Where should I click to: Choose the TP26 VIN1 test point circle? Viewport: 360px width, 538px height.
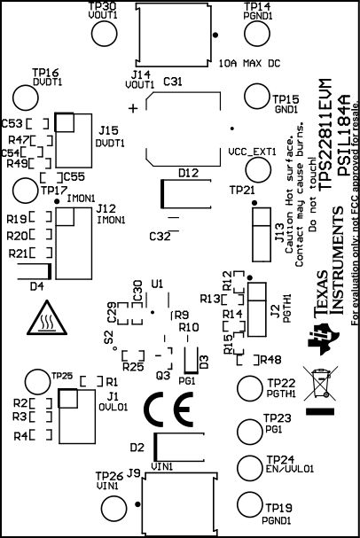(x=116, y=506)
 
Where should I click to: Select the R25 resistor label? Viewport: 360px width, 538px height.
(x=133, y=366)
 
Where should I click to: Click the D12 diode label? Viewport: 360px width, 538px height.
(x=188, y=173)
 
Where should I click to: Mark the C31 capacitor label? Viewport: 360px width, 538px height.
(x=173, y=82)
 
